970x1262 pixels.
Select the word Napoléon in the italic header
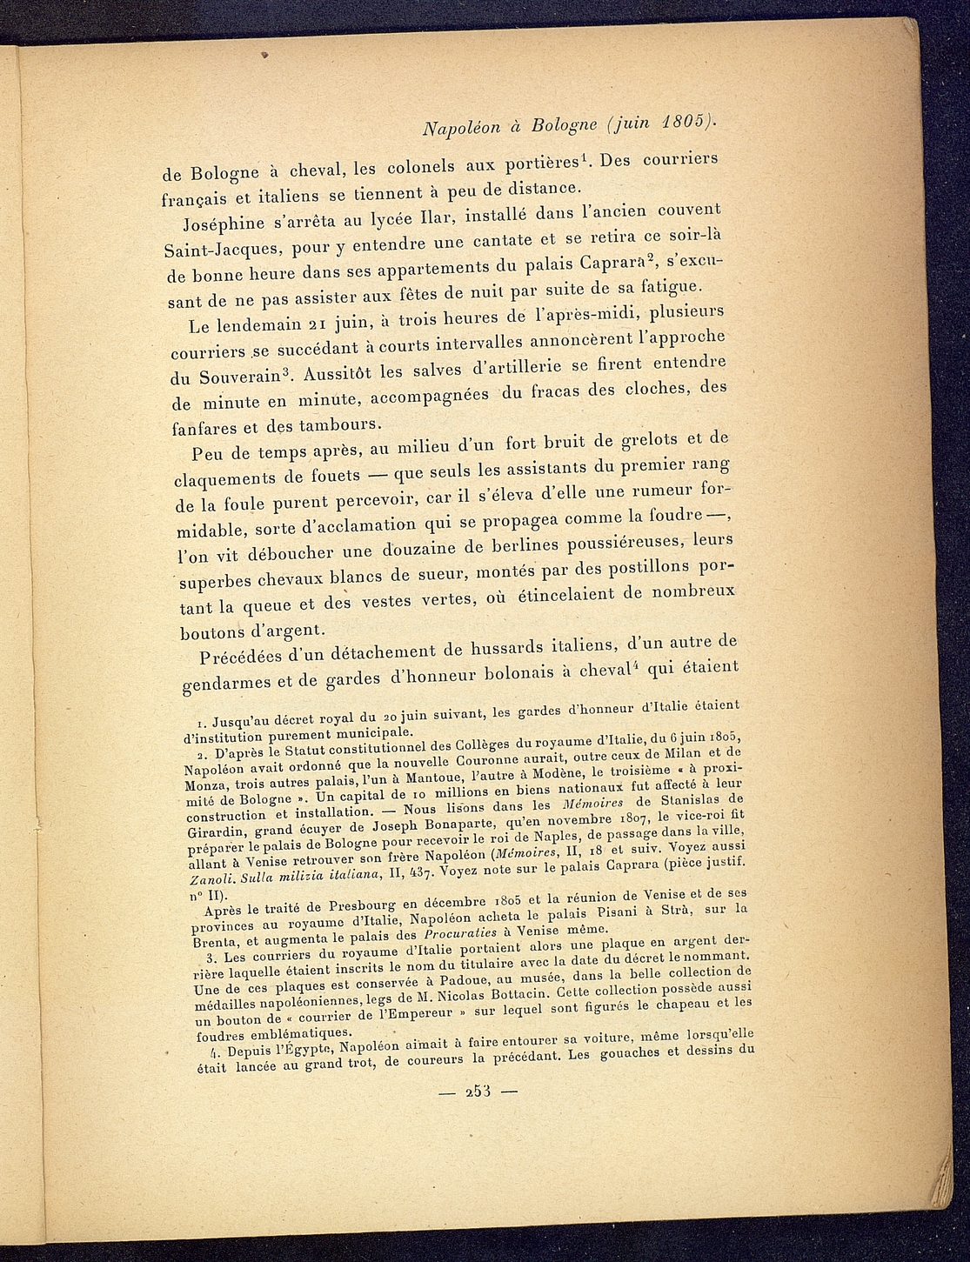(459, 128)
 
